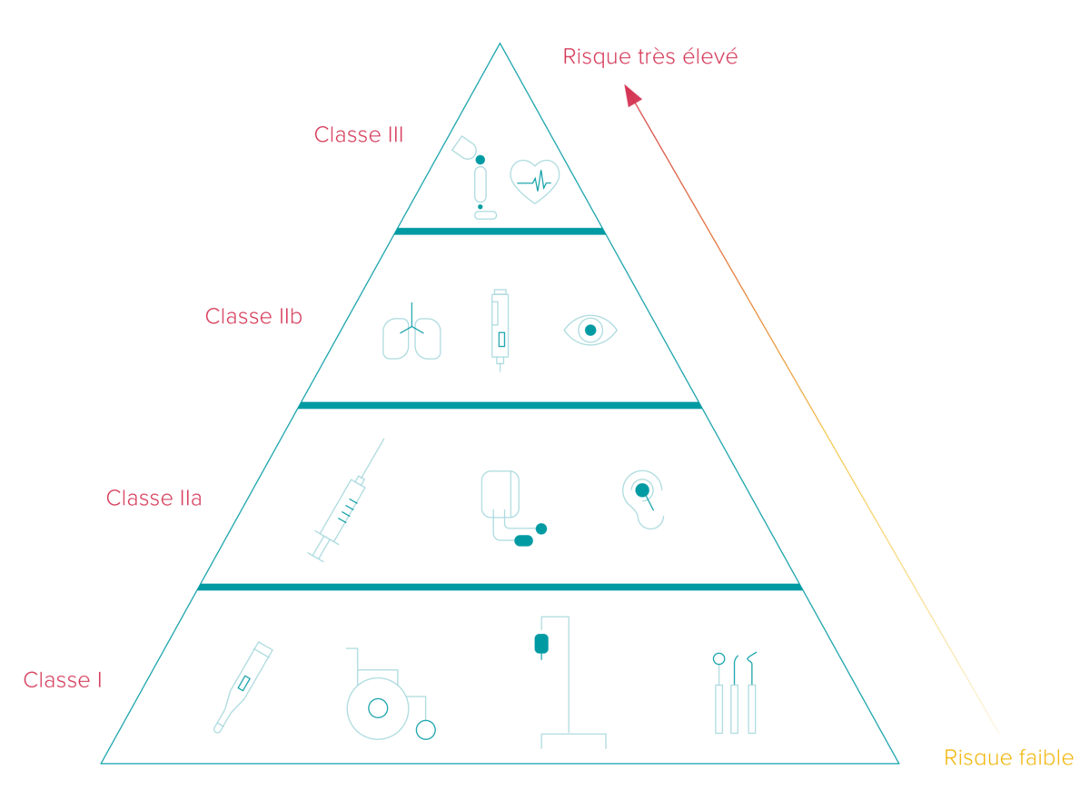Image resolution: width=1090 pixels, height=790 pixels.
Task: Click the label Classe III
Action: (x=359, y=134)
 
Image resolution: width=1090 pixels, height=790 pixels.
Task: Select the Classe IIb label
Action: (x=253, y=316)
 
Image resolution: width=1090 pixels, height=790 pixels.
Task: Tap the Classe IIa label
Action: (x=154, y=499)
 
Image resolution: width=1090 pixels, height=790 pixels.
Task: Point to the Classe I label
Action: (x=63, y=680)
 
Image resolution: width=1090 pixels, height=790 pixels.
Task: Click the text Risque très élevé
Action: (x=650, y=57)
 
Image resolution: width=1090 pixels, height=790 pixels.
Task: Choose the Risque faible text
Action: (x=1009, y=758)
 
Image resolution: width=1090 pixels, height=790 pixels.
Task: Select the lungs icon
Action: (x=411, y=331)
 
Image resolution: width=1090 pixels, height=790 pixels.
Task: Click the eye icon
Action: (x=590, y=331)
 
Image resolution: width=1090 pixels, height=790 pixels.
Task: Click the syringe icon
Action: (x=345, y=501)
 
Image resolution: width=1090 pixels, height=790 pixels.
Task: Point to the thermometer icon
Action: (x=243, y=686)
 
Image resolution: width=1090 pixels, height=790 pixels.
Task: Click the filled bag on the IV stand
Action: (x=541, y=644)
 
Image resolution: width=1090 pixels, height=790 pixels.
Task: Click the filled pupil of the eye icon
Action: (x=590, y=331)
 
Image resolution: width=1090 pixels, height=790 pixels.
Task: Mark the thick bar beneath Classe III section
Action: (x=500, y=231)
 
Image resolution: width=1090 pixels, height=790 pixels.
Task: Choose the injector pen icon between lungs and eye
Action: (x=500, y=331)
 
